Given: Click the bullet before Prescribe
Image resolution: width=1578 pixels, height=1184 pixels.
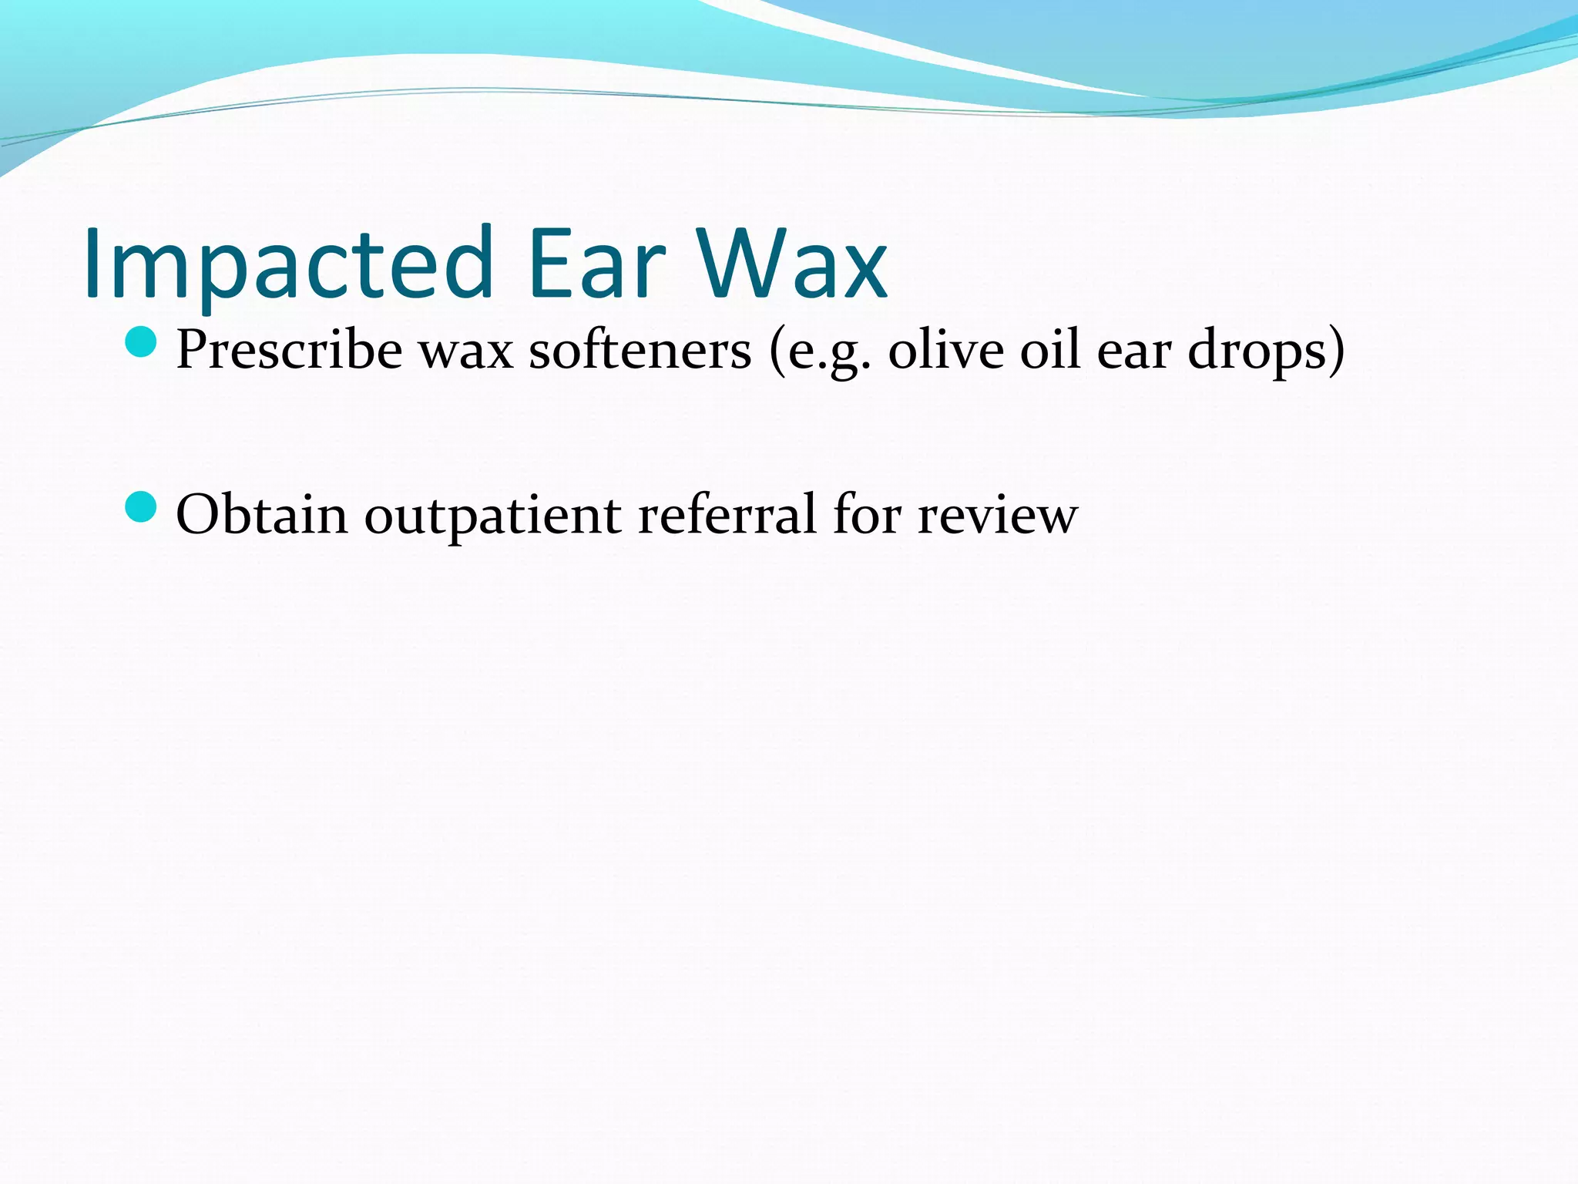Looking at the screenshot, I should (140, 341).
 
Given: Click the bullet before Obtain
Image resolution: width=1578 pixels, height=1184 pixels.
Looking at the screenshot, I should (140, 506).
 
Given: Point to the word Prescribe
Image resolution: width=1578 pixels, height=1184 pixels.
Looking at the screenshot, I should (289, 351).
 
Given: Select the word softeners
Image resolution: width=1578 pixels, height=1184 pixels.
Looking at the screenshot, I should (640, 351).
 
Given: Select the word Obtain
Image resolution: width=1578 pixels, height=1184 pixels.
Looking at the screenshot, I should (261, 514).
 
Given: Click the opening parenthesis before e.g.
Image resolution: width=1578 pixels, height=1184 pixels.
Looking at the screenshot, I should (777, 351).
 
